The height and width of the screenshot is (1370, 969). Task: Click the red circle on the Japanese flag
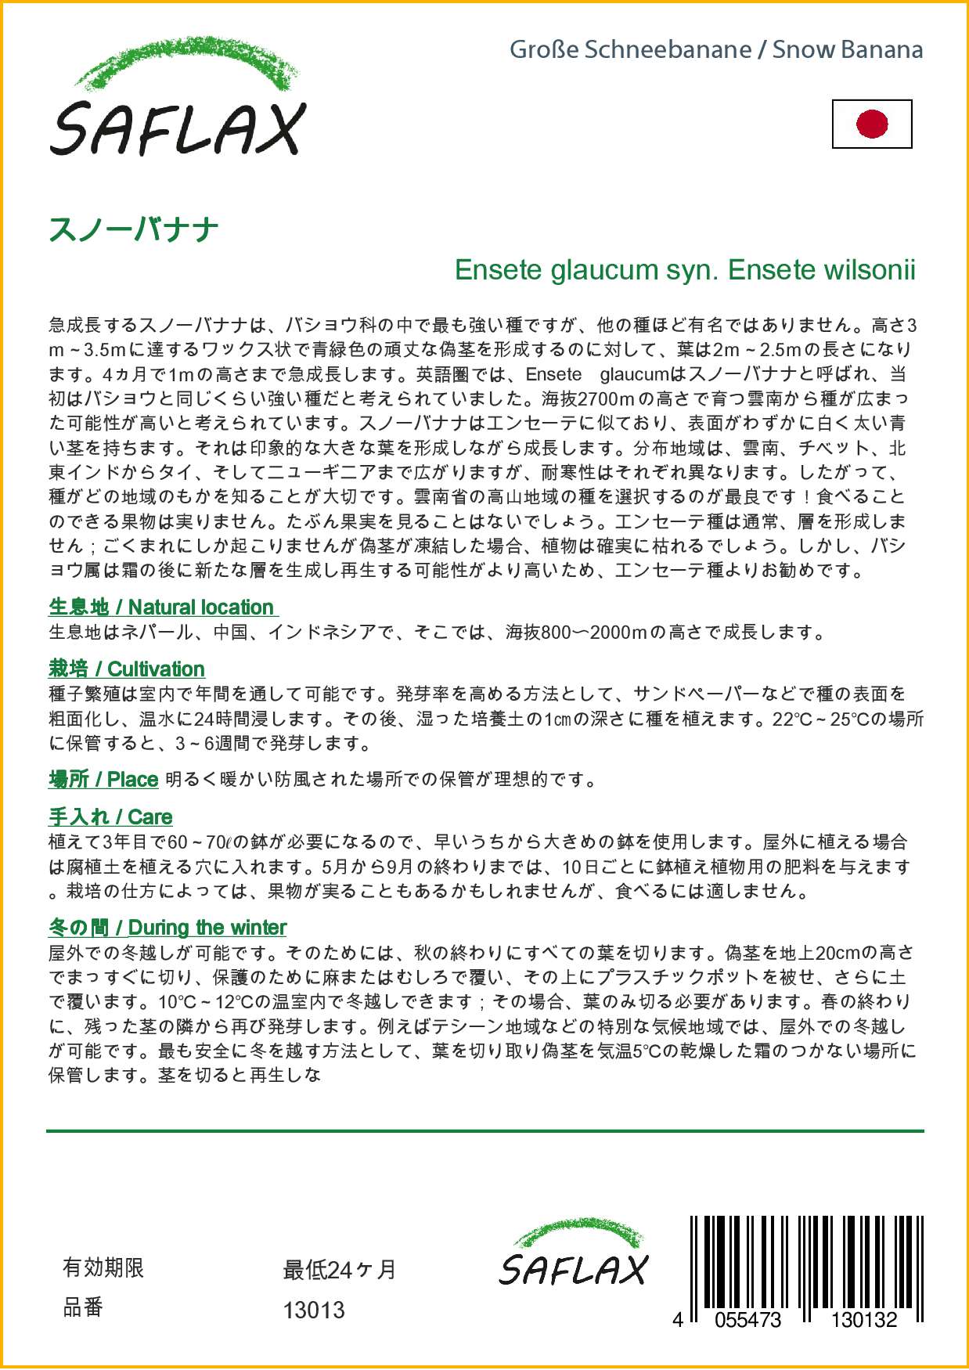[872, 124]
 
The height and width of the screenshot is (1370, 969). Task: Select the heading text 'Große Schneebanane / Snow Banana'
[715, 49]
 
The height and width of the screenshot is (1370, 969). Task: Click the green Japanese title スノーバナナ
[134, 229]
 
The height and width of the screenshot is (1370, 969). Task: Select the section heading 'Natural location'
[200, 607]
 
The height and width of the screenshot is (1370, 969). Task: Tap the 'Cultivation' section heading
[156, 669]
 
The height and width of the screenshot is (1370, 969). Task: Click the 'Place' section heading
[132, 780]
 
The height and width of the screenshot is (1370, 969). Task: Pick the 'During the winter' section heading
[207, 928]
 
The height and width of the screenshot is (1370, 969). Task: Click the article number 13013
[314, 1310]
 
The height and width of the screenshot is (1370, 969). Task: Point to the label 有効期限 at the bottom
[103, 1267]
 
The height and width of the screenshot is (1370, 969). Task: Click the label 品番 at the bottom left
[83, 1307]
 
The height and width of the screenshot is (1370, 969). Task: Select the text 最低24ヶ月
[340, 1269]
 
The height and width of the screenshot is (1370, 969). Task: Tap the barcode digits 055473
[747, 1320]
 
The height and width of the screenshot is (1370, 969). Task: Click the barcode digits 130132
[863, 1320]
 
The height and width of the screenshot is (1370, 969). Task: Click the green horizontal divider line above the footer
[484, 1130]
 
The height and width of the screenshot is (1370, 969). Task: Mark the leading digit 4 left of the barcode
[678, 1320]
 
